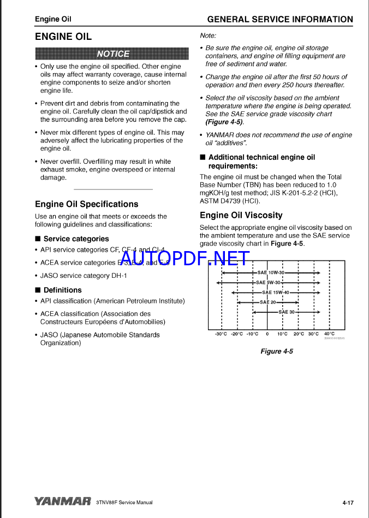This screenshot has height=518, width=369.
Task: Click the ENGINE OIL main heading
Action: pos(63,37)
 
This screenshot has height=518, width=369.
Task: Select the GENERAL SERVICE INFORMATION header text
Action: pos(280,19)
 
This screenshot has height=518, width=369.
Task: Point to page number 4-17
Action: pos(348,502)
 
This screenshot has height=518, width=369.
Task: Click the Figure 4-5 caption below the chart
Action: pos(277,351)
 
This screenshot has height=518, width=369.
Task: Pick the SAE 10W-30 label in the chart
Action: pos(271,272)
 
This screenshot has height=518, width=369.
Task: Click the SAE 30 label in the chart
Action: pos(287,312)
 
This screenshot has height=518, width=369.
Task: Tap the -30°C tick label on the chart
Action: pos(221,334)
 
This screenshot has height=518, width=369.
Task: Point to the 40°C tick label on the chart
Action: pos(329,334)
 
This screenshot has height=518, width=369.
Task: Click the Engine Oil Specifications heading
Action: pos(87,204)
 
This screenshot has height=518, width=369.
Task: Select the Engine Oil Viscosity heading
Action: pos(241,215)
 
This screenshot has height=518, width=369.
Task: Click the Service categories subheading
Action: pos(76,239)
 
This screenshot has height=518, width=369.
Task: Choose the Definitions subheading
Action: pos(62,290)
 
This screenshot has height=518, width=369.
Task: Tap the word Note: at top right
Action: pos(208,35)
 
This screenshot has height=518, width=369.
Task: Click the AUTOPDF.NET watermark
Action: pos(185,259)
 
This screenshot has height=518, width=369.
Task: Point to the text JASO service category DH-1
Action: pos(84,276)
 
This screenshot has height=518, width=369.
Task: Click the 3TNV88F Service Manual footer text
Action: pos(124,502)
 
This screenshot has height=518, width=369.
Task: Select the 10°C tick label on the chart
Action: pos(282,334)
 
